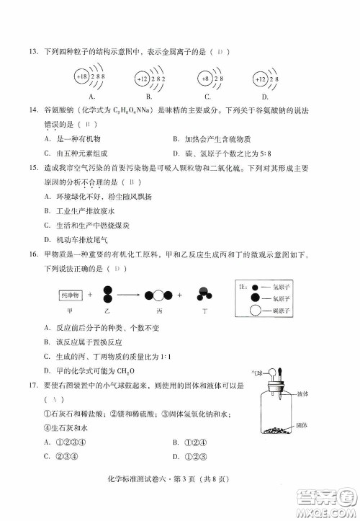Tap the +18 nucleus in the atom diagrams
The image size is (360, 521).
pos(82,77)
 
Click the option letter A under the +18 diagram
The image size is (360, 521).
pos(91,97)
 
